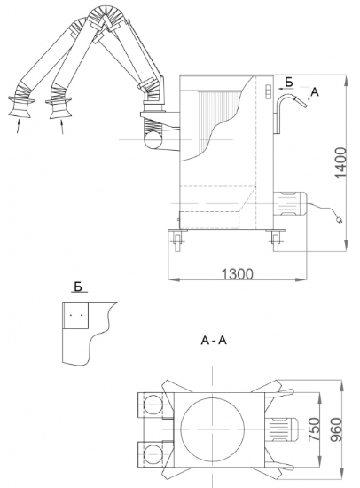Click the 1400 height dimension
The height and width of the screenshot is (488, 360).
pos(341,163)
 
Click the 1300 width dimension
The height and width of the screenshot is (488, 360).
pos(237,274)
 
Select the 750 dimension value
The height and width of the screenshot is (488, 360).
pos(314,429)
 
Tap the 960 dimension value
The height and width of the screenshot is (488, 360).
pos(336,429)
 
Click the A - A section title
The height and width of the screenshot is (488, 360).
pos(214,341)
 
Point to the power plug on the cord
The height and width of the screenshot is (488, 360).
pos(339,221)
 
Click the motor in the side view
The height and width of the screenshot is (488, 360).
pos(290,203)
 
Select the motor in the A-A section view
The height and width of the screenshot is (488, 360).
pos(282,429)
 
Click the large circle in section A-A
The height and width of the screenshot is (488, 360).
pos(213,429)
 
